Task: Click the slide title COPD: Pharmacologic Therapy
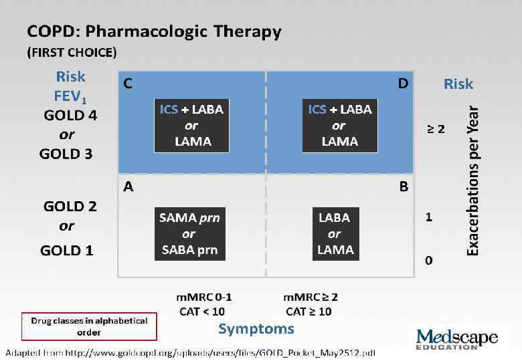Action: [154, 31]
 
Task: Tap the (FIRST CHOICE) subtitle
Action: [72, 52]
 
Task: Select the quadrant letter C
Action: [128, 84]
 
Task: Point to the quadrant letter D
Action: [404, 84]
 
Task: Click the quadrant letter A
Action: [128, 187]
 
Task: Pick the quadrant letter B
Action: [404, 187]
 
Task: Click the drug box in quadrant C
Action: [191, 125]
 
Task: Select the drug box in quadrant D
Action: [339, 125]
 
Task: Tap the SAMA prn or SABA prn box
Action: [189, 234]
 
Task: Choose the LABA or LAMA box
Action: [335, 234]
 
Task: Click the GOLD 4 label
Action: [70, 115]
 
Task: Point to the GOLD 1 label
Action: [67, 251]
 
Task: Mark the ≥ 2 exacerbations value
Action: [436, 128]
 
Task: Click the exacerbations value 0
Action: [429, 260]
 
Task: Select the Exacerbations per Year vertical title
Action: [472, 179]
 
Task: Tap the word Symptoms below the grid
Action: [256, 329]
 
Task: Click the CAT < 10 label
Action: [202, 311]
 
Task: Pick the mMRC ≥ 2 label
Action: [311, 297]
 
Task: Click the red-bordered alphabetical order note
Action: [89, 326]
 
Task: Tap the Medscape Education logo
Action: [456, 340]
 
